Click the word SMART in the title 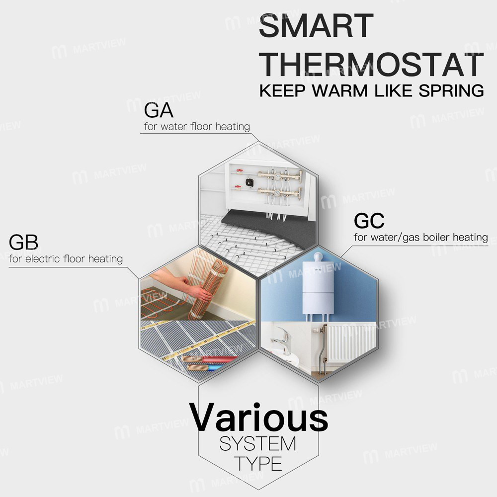[316, 26]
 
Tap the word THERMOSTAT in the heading [372, 64]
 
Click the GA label [157, 110]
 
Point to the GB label [23, 243]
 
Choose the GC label [368, 220]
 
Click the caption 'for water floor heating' [197, 126]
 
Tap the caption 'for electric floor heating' [66, 258]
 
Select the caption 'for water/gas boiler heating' [420, 237]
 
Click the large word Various [258, 417]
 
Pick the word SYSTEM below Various [257, 442]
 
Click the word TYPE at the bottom [258, 463]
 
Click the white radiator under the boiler [352, 343]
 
